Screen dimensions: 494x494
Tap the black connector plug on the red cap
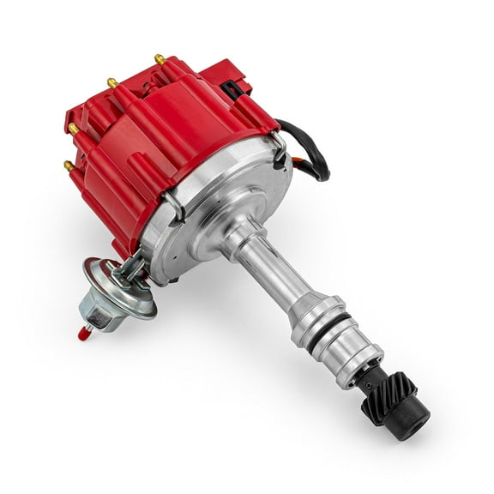(234, 87)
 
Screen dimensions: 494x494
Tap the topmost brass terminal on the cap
(160, 59)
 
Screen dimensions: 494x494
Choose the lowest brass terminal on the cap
(68, 166)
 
